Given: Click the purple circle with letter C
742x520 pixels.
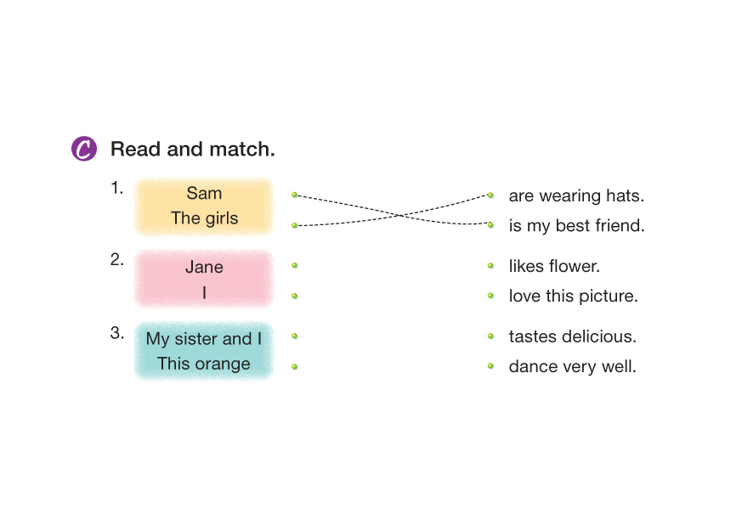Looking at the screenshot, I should point(83,149).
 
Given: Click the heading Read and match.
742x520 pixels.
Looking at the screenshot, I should point(193,150).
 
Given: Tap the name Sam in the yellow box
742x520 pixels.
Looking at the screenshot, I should point(204,193).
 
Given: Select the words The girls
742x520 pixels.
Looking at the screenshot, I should point(204,218).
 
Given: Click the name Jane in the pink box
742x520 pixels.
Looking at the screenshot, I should point(204,267).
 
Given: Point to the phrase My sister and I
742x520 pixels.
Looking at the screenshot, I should point(204,339).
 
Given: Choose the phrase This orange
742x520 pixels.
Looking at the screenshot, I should point(204,365).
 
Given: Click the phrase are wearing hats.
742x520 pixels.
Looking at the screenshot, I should point(576,195).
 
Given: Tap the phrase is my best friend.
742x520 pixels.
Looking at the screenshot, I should point(576,226).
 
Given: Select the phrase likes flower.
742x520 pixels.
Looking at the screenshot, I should point(554,266).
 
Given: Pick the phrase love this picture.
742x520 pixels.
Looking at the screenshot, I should point(573,297).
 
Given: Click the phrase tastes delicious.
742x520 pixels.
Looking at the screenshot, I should point(572,336).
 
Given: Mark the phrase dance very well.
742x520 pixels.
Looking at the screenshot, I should point(572,367).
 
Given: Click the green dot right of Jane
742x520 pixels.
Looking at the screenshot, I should point(294,265).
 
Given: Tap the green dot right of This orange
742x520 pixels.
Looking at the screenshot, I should point(294,366).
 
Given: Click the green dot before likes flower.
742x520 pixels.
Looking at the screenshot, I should point(490,265).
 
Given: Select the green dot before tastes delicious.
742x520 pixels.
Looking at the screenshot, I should point(490,336).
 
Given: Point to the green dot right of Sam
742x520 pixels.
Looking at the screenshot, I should point(294,195).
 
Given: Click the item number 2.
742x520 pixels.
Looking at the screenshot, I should point(117,260).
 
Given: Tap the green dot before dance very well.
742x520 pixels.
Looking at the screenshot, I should point(490,366).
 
